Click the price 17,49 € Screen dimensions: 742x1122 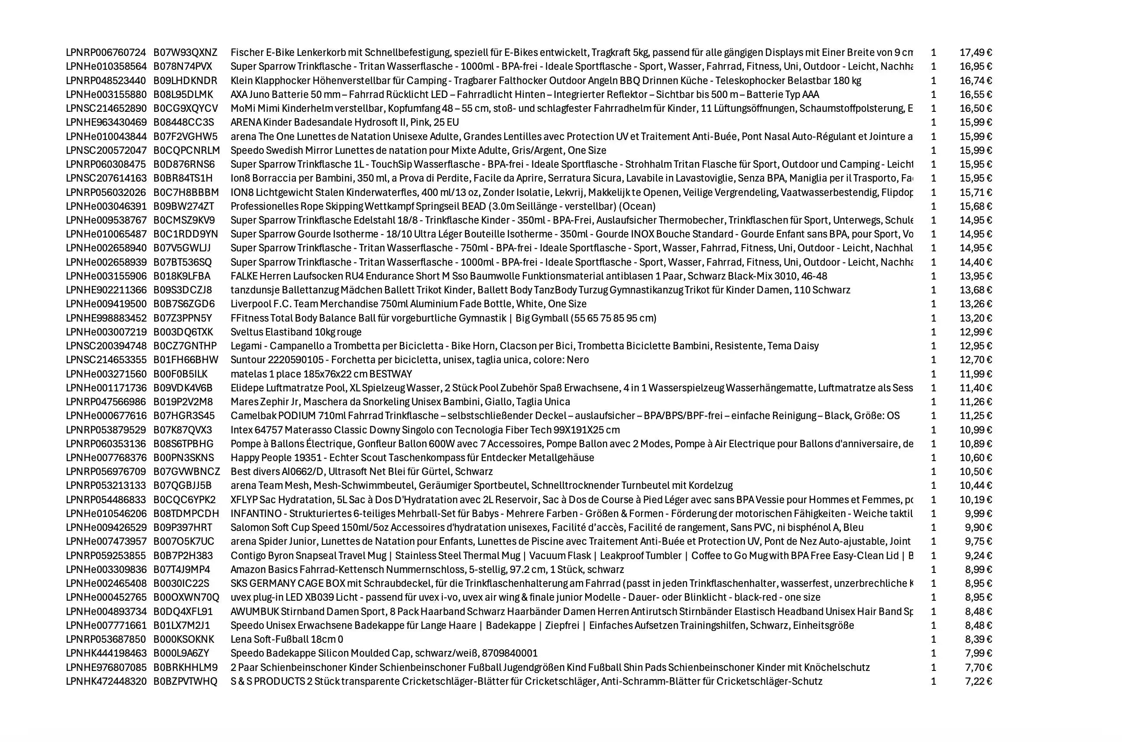(x=976, y=52)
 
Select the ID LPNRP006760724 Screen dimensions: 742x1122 (x=106, y=52)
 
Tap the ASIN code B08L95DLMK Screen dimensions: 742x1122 (x=183, y=94)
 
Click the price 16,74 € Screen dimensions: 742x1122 (x=976, y=81)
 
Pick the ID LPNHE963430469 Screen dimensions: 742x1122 (x=106, y=123)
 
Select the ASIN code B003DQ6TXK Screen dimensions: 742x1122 (x=183, y=332)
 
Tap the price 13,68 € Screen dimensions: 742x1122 (x=976, y=290)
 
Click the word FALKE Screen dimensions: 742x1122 (x=244, y=277)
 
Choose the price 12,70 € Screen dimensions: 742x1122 (x=976, y=360)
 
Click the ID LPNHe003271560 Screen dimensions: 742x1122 (x=106, y=374)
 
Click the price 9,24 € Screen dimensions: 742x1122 (x=978, y=556)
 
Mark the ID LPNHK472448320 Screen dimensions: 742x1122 (x=106, y=682)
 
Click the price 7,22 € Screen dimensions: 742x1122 (x=978, y=682)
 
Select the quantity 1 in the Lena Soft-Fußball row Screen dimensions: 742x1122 (x=933, y=640)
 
